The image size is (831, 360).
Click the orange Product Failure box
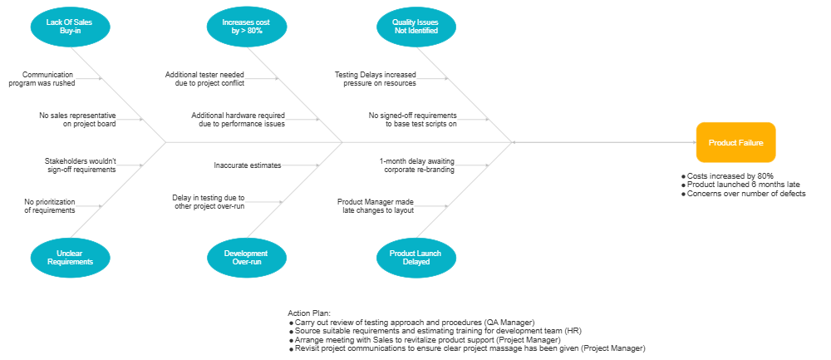(735, 142)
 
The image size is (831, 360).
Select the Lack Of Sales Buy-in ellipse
(70, 26)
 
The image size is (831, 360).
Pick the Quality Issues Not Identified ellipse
(415, 26)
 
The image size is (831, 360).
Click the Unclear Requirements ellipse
(70, 258)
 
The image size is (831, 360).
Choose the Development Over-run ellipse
(246, 258)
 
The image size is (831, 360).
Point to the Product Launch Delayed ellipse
(415, 258)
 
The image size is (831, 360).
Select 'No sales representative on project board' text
(77, 119)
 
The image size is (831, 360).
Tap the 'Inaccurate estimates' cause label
(247, 165)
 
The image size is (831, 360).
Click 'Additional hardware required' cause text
(238, 119)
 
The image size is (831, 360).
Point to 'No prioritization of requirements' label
(50, 205)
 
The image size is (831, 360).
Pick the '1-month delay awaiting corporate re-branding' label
(417, 165)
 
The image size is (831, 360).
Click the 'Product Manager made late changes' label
(376, 205)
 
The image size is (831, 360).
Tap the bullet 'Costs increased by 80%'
(730, 176)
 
